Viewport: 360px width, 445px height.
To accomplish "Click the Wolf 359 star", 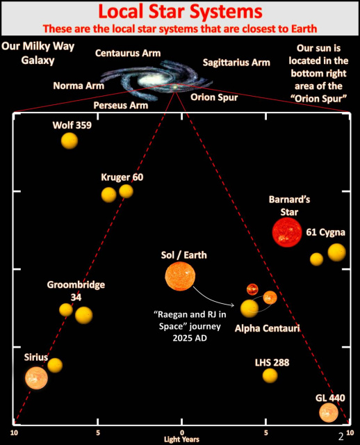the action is pyautogui.click(x=69, y=140).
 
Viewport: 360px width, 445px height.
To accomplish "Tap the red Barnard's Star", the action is pyautogui.click(x=287, y=232).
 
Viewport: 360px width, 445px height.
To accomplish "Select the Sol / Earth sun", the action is pyautogui.click(x=180, y=276).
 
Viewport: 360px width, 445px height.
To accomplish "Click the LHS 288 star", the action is pyautogui.click(x=270, y=375).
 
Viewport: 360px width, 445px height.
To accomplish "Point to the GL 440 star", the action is pyautogui.click(x=329, y=412).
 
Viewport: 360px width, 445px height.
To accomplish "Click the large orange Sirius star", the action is pyautogui.click(x=36, y=378).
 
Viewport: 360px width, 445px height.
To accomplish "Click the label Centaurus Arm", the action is pyautogui.click(x=128, y=53).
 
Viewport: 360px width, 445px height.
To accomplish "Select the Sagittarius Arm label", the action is pyautogui.click(x=236, y=63).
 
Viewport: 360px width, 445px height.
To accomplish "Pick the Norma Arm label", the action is pyautogui.click(x=79, y=86).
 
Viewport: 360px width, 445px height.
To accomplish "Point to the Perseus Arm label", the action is pyautogui.click(x=121, y=105).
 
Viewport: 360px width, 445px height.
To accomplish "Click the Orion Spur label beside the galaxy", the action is pyautogui.click(x=214, y=97).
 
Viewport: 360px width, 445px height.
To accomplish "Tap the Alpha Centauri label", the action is pyautogui.click(x=268, y=328).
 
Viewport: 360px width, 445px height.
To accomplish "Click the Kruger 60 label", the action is pyautogui.click(x=122, y=177).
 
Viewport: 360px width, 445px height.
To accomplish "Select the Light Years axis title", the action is pyautogui.click(x=181, y=439).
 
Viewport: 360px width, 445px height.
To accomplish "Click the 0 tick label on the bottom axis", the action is pyautogui.click(x=182, y=432).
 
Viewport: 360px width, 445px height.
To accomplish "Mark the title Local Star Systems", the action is pyautogui.click(x=180, y=11).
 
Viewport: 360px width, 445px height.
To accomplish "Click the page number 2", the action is pyautogui.click(x=341, y=436).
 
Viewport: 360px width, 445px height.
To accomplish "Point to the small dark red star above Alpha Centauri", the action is pyautogui.click(x=252, y=289).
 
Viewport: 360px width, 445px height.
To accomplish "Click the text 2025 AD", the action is pyautogui.click(x=190, y=338).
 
